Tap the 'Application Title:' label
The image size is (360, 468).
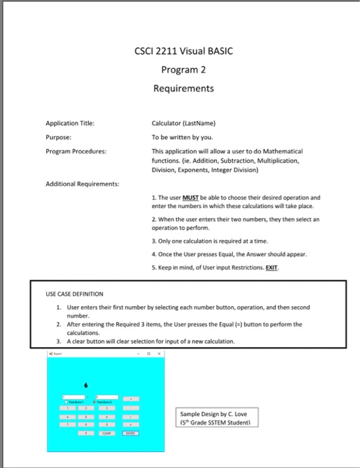point(70,123)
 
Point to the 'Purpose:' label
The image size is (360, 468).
point(58,136)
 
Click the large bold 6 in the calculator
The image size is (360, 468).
point(86,385)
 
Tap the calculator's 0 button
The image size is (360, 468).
point(86,433)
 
